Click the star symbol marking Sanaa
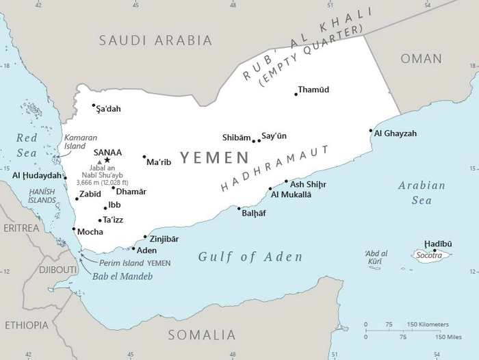click(x=107, y=160)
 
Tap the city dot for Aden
click(x=134, y=248)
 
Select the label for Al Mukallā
click(x=291, y=194)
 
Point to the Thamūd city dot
click(x=296, y=94)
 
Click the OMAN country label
click(x=421, y=59)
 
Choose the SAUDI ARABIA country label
click(x=155, y=40)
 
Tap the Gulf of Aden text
click(x=250, y=257)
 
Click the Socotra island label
click(x=431, y=256)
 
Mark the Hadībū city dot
click(x=435, y=250)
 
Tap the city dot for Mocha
click(x=73, y=229)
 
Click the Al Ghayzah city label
click(x=395, y=133)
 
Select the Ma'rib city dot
click(x=144, y=157)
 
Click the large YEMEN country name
click(x=214, y=158)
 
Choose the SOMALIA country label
click(x=202, y=335)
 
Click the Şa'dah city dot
click(x=94, y=105)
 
